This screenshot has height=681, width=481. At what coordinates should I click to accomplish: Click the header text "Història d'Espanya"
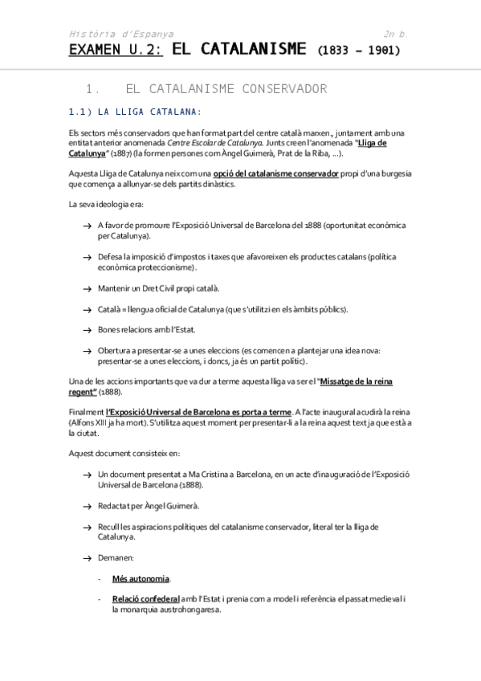120,34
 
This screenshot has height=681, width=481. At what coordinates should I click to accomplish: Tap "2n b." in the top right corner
396,34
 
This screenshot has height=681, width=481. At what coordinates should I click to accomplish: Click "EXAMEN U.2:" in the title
116,50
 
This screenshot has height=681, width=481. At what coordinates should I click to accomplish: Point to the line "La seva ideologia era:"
106,205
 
